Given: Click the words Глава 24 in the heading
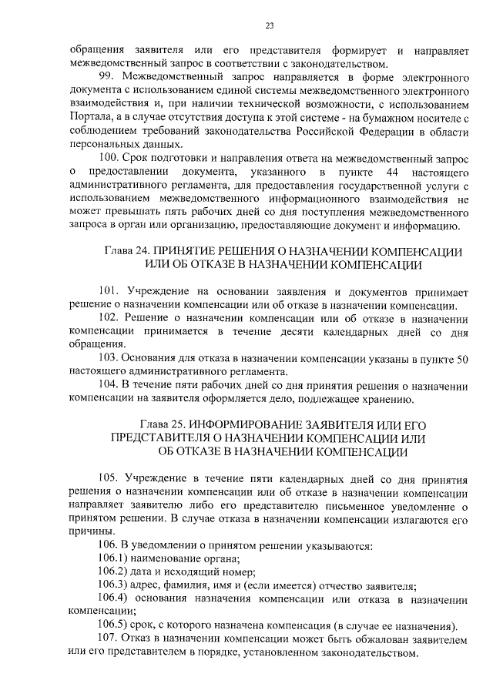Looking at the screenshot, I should (x=123, y=253).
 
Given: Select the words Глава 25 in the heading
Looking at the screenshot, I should (x=162, y=424).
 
